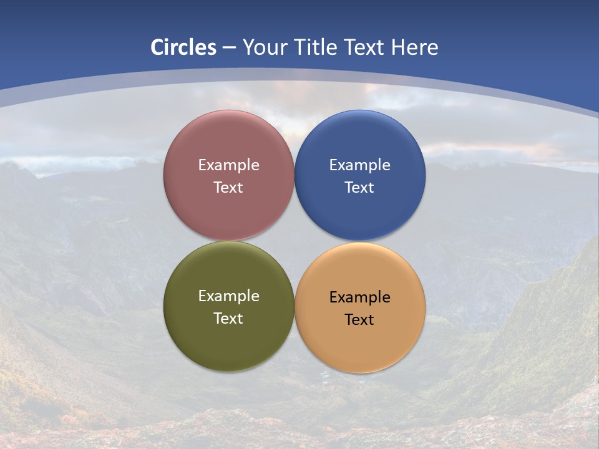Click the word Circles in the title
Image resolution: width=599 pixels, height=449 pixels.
point(183,47)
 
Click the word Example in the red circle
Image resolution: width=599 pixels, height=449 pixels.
point(228,165)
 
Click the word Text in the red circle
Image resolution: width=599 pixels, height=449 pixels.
point(228,187)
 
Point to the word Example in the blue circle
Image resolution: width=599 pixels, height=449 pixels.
point(359,165)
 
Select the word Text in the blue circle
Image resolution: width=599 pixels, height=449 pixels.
point(359,187)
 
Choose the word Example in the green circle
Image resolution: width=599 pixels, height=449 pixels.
point(228,296)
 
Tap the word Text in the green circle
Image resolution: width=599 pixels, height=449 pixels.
point(228,318)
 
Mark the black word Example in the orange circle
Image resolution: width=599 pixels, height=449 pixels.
point(359,297)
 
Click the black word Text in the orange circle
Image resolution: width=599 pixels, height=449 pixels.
point(359,319)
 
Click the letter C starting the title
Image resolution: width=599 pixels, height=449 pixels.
point(157,47)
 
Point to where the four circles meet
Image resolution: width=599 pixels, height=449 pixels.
point(295,241)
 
